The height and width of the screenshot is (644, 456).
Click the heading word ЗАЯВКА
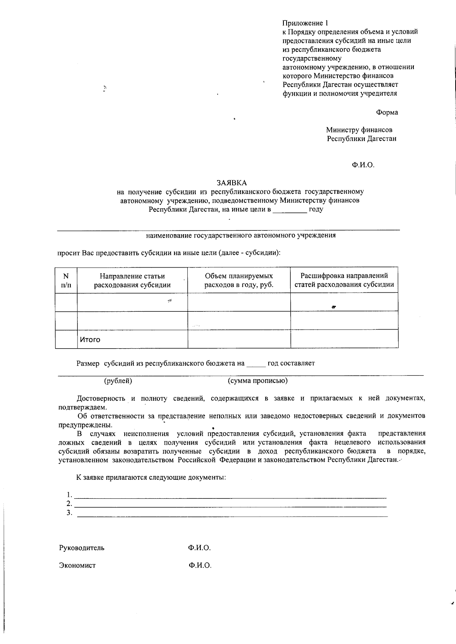pyautogui.click(x=232, y=183)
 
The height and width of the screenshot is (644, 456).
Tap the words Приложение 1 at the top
pyautogui.click(x=305, y=23)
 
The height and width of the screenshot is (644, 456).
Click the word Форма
pyautogui.click(x=387, y=112)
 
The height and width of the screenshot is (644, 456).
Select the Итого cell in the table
pyautogui.click(x=90, y=339)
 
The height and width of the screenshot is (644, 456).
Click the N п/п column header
pyautogui.click(x=66, y=280)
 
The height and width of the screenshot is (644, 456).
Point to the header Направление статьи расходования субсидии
pyautogui.click(x=132, y=281)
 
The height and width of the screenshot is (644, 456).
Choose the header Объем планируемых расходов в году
pyautogui.click(x=239, y=280)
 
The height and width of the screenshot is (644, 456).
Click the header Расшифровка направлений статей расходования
pyautogui.click(x=344, y=280)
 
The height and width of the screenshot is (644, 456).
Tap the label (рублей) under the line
pyautogui.click(x=118, y=381)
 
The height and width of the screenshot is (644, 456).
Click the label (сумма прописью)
pyautogui.click(x=258, y=381)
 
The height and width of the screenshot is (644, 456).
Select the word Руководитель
pyautogui.click(x=82, y=548)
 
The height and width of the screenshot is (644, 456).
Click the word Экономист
pyautogui.click(x=78, y=565)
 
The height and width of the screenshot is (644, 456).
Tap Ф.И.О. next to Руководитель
pyautogui.click(x=199, y=548)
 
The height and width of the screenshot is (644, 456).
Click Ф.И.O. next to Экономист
pyautogui.click(x=200, y=565)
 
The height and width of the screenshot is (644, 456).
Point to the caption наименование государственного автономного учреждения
pyautogui.click(x=241, y=235)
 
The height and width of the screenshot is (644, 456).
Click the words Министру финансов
pyautogui.click(x=359, y=130)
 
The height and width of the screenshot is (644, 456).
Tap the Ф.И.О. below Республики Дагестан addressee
pyautogui.click(x=363, y=165)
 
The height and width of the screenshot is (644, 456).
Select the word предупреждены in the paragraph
pyautogui.click(x=85, y=425)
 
